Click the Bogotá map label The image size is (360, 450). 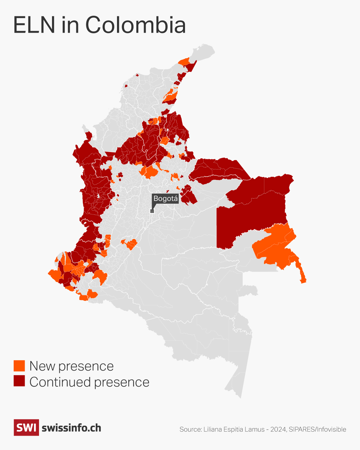tap(165, 199)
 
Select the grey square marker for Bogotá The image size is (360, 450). tap(152, 211)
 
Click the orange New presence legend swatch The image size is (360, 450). tap(19, 366)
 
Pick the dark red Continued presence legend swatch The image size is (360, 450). tap(19, 381)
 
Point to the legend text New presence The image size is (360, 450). tap(71, 366)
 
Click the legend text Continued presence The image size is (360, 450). tap(89, 382)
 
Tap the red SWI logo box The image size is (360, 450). tap(26, 427)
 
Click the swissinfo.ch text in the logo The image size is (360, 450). tap(71, 428)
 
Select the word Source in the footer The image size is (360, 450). tap(190, 429)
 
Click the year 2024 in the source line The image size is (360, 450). tap(278, 429)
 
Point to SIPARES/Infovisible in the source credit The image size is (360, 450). tap(317, 429)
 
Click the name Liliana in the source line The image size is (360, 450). tap(213, 429)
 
